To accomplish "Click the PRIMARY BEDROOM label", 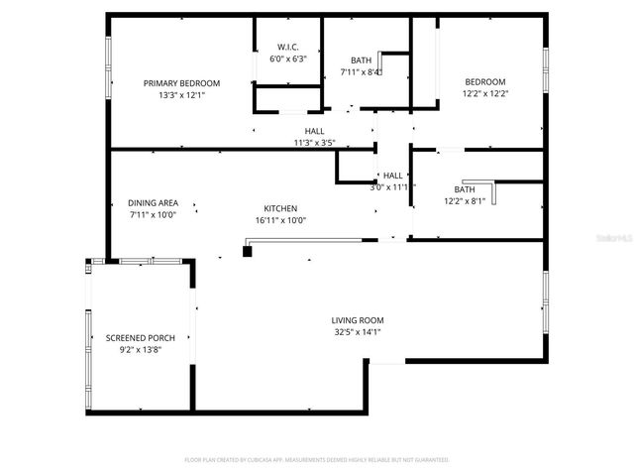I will pos(181,83).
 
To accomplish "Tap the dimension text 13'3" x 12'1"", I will pos(181,95).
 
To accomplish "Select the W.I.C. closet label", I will pos(288,48).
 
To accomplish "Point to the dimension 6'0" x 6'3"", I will pos(288,59).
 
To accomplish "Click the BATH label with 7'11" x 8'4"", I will pos(361,59).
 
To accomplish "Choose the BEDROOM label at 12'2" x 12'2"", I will pos(485,82).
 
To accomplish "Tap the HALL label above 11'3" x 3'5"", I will pos(314,131).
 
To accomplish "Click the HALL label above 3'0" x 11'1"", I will pos(393,176).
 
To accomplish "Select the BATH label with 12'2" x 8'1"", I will pos(465,189).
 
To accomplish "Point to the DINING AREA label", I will pos(153,202).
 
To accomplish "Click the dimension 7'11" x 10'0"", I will pos(153,214).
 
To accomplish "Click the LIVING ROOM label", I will pos(357,320).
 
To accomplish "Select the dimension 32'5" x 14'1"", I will pos(357,332).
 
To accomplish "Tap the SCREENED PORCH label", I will pos(140,338).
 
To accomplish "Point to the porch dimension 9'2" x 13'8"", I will pos(140,350).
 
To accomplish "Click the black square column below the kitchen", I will pos(248,251).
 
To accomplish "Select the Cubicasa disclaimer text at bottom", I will pos(317,460).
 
